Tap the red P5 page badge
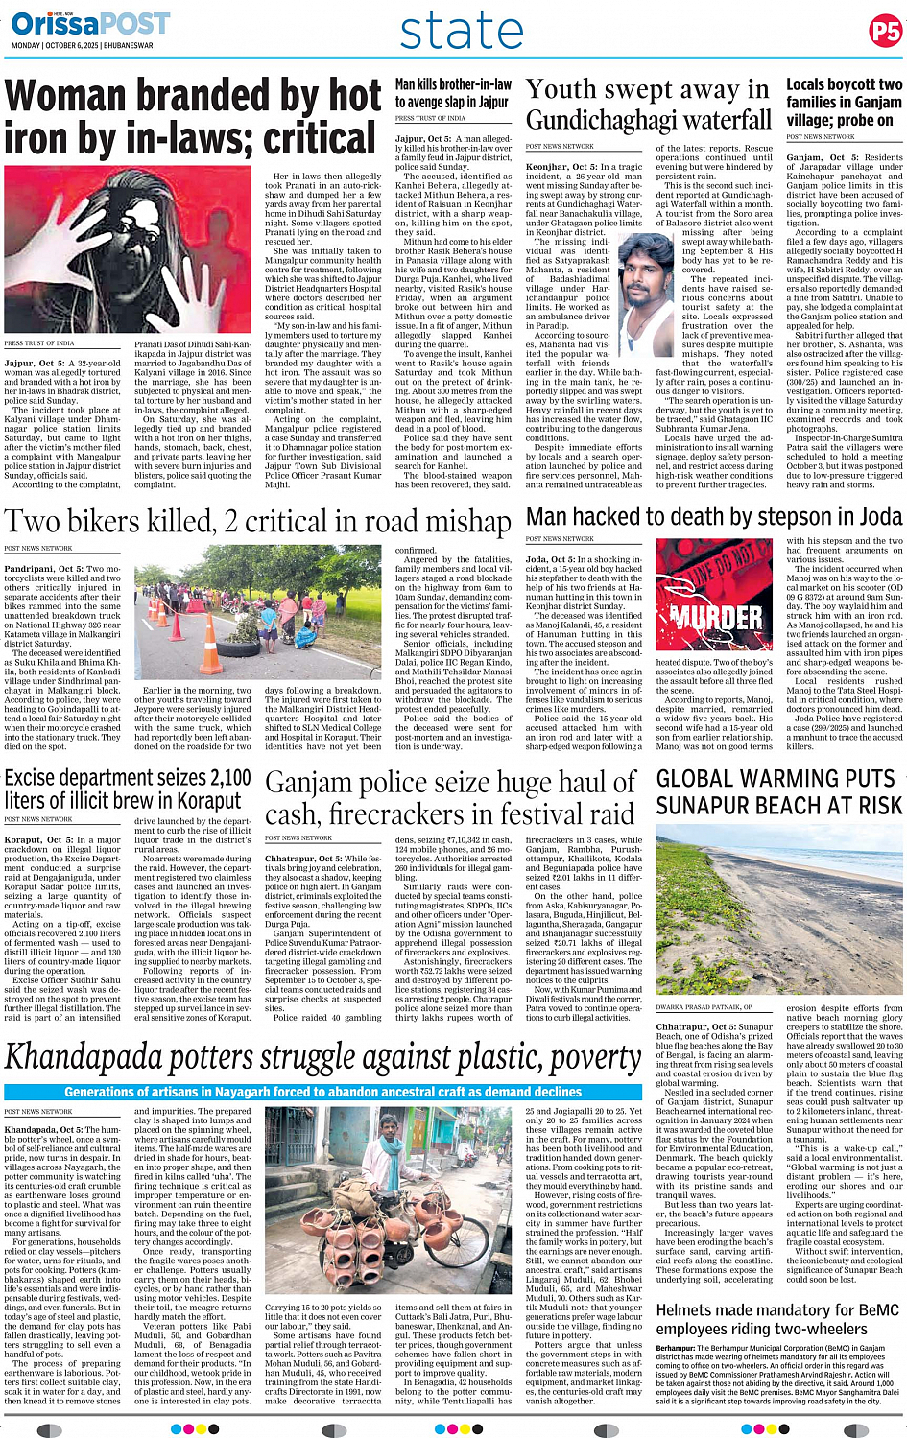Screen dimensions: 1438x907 (884, 32)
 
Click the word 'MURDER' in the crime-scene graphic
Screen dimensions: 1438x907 (715, 615)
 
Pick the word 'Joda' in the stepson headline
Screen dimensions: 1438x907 (879, 518)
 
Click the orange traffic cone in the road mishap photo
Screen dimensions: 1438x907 (211, 657)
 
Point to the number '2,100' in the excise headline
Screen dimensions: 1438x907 (220, 778)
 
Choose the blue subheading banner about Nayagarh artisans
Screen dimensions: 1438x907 (322, 1092)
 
